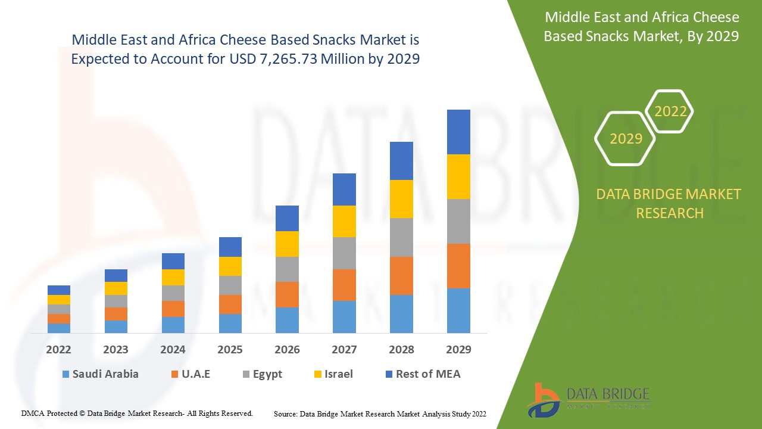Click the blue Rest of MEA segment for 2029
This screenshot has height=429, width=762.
click(x=458, y=132)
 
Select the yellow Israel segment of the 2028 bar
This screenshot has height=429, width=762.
click(x=401, y=199)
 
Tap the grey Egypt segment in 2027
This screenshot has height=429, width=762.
click(x=344, y=253)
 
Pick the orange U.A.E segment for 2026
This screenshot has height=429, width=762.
click(x=287, y=294)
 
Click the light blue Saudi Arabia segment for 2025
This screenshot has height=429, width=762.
click(x=230, y=323)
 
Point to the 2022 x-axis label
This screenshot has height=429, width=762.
click(x=58, y=350)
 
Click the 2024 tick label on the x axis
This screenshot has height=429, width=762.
click(x=173, y=350)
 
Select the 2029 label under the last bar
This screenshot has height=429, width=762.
click(x=458, y=350)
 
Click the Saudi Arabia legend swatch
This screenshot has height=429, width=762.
click(x=65, y=374)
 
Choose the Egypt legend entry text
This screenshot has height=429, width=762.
click(x=267, y=374)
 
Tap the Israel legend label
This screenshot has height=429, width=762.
click(x=338, y=374)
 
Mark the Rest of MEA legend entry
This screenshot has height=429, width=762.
click(x=428, y=374)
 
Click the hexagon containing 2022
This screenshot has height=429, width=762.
click(x=670, y=111)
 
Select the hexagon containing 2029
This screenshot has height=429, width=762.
click(x=626, y=139)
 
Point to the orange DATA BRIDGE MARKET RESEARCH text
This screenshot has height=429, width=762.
click(x=669, y=203)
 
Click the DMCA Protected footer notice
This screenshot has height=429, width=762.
click(x=137, y=413)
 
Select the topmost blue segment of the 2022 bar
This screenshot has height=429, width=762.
click(x=59, y=290)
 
